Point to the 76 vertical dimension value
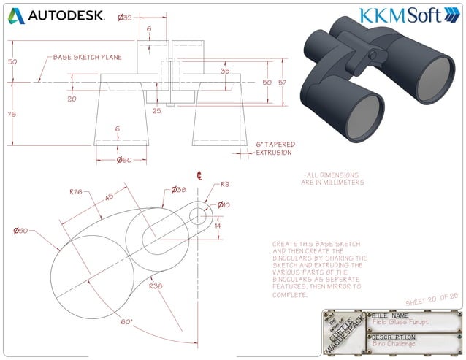(x=12, y=114)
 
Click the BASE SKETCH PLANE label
(x=87, y=57)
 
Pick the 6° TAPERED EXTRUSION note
(x=274, y=148)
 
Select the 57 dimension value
(x=283, y=83)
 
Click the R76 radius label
(x=75, y=192)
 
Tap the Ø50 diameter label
(x=20, y=231)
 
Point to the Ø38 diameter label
(x=178, y=189)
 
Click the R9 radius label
(x=225, y=185)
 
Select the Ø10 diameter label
(x=224, y=204)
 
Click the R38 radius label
(x=155, y=287)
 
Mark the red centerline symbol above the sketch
(x=198, y=175)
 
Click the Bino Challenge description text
(x=395, y=342)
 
